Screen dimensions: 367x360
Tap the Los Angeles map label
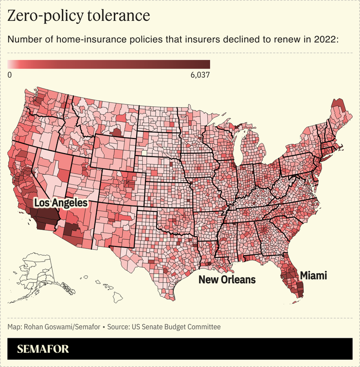click(x=60, y=202)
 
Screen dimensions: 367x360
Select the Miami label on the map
click(x=313, y=276)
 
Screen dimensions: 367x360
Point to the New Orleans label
click(x=227, y=280)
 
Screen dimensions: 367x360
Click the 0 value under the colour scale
click(x=10, y=74)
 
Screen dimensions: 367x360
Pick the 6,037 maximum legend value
click(x=198, y=74)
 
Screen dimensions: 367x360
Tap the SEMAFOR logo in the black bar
click(x=43, y=349)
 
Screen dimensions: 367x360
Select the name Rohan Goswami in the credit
click(x=49, y=327)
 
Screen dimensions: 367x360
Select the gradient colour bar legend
click(x=108, y=64)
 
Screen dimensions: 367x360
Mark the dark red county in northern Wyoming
click(x=117, y=132)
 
